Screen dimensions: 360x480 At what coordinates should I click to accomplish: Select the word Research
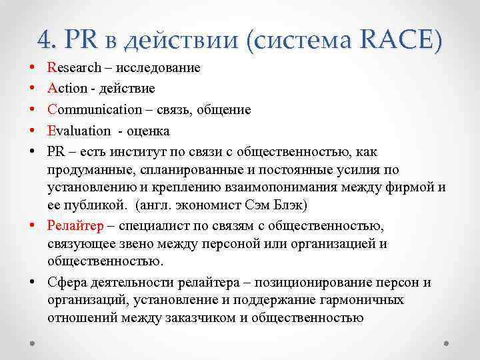pos(75,68)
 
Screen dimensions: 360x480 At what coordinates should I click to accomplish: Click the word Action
pos(66,89)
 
